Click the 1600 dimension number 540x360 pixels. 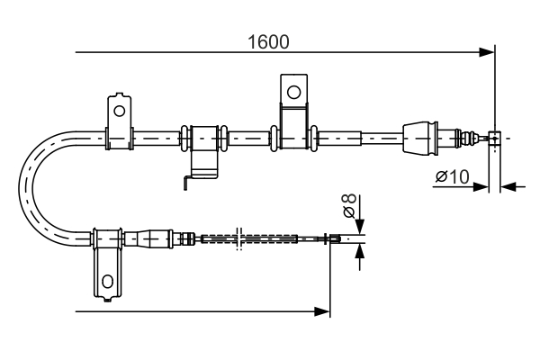268,40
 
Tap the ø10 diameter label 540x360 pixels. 452,178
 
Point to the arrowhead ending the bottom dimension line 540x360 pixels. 322,311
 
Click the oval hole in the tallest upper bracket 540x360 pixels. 292,90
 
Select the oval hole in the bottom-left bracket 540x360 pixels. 107,281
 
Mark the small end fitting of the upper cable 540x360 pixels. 493,138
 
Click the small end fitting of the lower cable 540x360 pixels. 334,238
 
